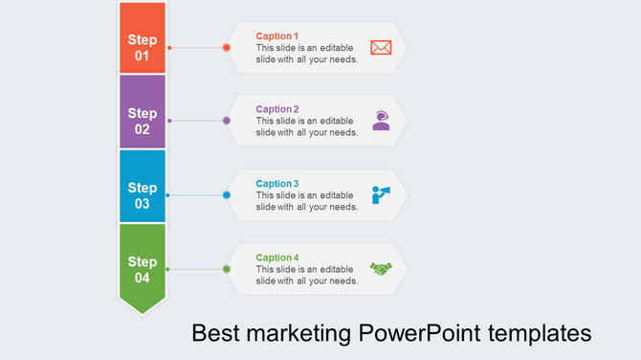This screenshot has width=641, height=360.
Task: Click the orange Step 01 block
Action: point(142,38)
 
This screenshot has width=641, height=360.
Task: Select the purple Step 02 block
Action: point(142,112)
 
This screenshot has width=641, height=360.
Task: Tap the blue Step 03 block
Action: point(142,187)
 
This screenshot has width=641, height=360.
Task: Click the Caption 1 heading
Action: point(277,35)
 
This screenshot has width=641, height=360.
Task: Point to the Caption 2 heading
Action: point(277,109)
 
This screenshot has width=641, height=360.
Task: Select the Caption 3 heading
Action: point(277,183)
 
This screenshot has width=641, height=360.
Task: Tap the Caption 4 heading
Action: point(277,258)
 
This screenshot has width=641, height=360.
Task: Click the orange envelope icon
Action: point(381,47)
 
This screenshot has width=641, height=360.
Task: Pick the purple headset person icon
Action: point(381,121)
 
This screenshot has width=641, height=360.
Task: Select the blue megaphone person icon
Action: point(381,195)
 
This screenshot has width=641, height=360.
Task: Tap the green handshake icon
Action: point(381,269)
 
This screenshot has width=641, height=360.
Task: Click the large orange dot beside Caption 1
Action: point(227,47)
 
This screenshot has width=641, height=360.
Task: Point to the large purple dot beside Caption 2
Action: point(227,121)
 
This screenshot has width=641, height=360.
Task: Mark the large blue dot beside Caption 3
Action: point(227,195)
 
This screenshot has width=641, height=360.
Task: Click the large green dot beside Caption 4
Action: point(227,269)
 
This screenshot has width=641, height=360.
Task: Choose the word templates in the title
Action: point(539,335)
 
